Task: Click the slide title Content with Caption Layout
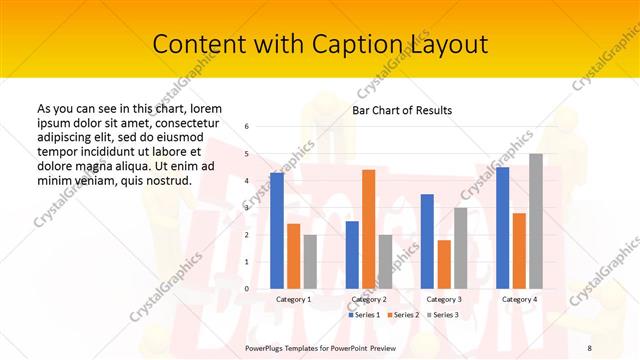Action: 320,45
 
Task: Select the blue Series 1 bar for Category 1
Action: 277,230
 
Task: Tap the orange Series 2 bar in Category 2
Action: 368,229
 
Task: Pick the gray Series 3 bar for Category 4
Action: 536,221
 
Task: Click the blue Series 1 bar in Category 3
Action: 427,241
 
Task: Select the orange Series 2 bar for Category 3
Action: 444,264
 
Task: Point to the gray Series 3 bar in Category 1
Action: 310,261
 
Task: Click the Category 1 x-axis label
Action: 293,299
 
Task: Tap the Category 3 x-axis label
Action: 444,299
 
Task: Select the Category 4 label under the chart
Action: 519,299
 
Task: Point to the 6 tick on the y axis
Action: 247,127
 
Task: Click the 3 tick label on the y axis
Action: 247,208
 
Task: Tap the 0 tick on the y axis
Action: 247,289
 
